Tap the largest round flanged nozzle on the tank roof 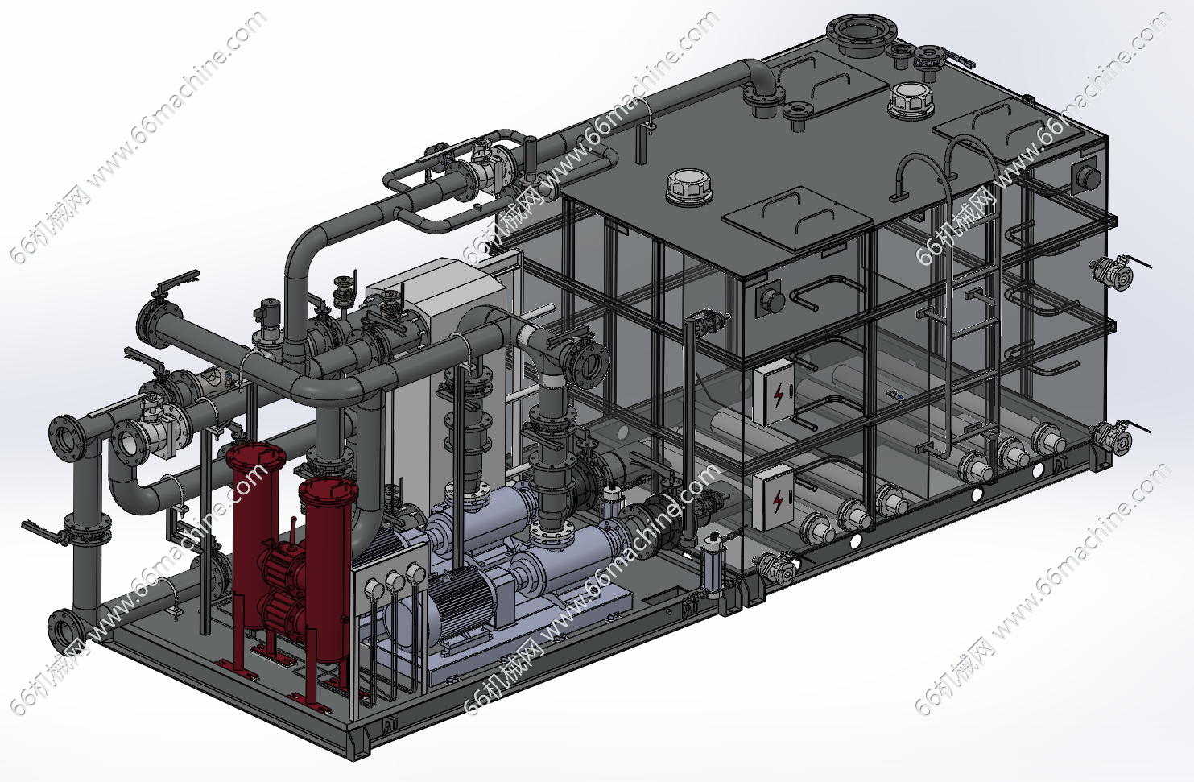pyautogui.click(x=861, y=35)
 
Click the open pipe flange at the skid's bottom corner pyautogui.click(x=64, y=630)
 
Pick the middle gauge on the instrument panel pyautogui.click(x=395, y=581)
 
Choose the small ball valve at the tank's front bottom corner pyautogui.click(x=778, y=567)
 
